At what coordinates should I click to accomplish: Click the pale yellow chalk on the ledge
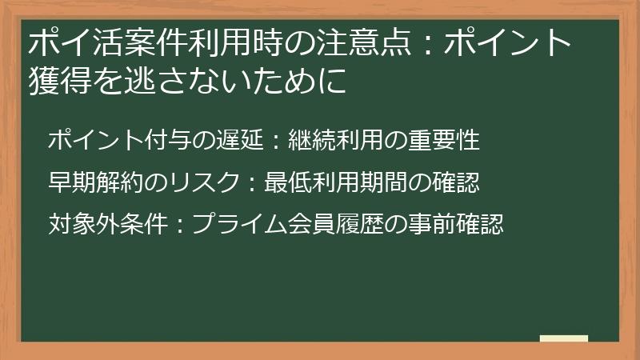point(564,338)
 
